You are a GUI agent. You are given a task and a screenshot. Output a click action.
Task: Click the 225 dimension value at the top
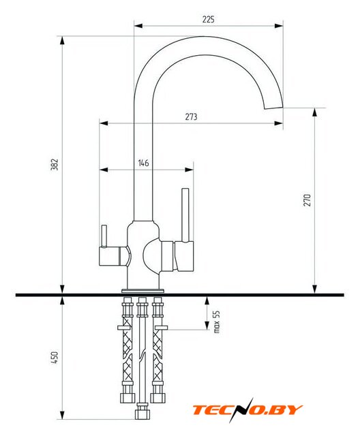point(209,20)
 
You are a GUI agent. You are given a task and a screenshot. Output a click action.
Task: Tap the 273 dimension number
point(192,116)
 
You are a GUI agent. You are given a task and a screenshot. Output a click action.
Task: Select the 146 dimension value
point(144,163)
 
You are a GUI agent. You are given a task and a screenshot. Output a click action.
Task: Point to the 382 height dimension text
point(55,164)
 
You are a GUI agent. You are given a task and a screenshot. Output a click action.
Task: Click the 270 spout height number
point(307,200)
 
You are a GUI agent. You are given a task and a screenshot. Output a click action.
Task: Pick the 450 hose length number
point(55,358)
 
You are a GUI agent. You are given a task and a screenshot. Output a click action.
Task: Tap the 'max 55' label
point(217,322)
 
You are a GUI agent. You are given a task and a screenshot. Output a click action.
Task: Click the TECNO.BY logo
point(247,410)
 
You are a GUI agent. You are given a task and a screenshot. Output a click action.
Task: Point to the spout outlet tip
point(273,108)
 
